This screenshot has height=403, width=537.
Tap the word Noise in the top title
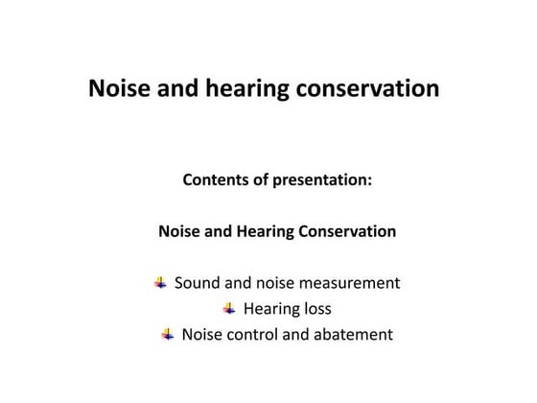[117, 89]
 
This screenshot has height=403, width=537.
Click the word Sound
[197, 283]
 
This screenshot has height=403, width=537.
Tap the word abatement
[353, 335]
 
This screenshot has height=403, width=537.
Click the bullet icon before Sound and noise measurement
[160, 283]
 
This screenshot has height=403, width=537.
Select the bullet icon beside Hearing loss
[229, 309]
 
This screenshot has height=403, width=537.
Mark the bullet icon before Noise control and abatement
[168, 335]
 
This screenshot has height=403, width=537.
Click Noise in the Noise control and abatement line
[202, 335]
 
